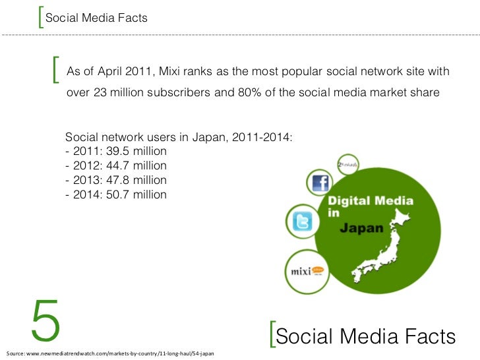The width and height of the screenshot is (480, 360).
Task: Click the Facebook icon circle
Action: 320,183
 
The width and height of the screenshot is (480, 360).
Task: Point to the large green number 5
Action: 45,322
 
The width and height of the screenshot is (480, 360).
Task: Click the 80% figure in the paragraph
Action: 248,92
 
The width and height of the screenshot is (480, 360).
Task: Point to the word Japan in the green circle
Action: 361,229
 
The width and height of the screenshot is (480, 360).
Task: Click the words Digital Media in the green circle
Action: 371,200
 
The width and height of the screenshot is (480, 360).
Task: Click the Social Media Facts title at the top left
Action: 96,18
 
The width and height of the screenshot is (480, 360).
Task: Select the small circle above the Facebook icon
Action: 347,164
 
